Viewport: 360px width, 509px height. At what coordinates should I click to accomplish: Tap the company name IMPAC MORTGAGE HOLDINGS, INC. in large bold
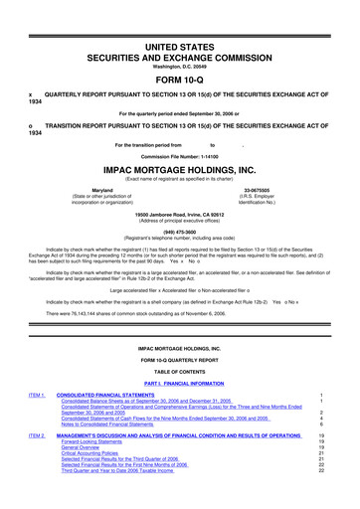[179, 169]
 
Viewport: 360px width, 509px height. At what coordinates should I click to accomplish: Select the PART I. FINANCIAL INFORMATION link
[179, 397]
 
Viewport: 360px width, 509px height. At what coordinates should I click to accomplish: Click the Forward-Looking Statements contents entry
[99, 470]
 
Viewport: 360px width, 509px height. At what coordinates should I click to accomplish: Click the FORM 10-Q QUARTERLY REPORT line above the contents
[179, 370]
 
